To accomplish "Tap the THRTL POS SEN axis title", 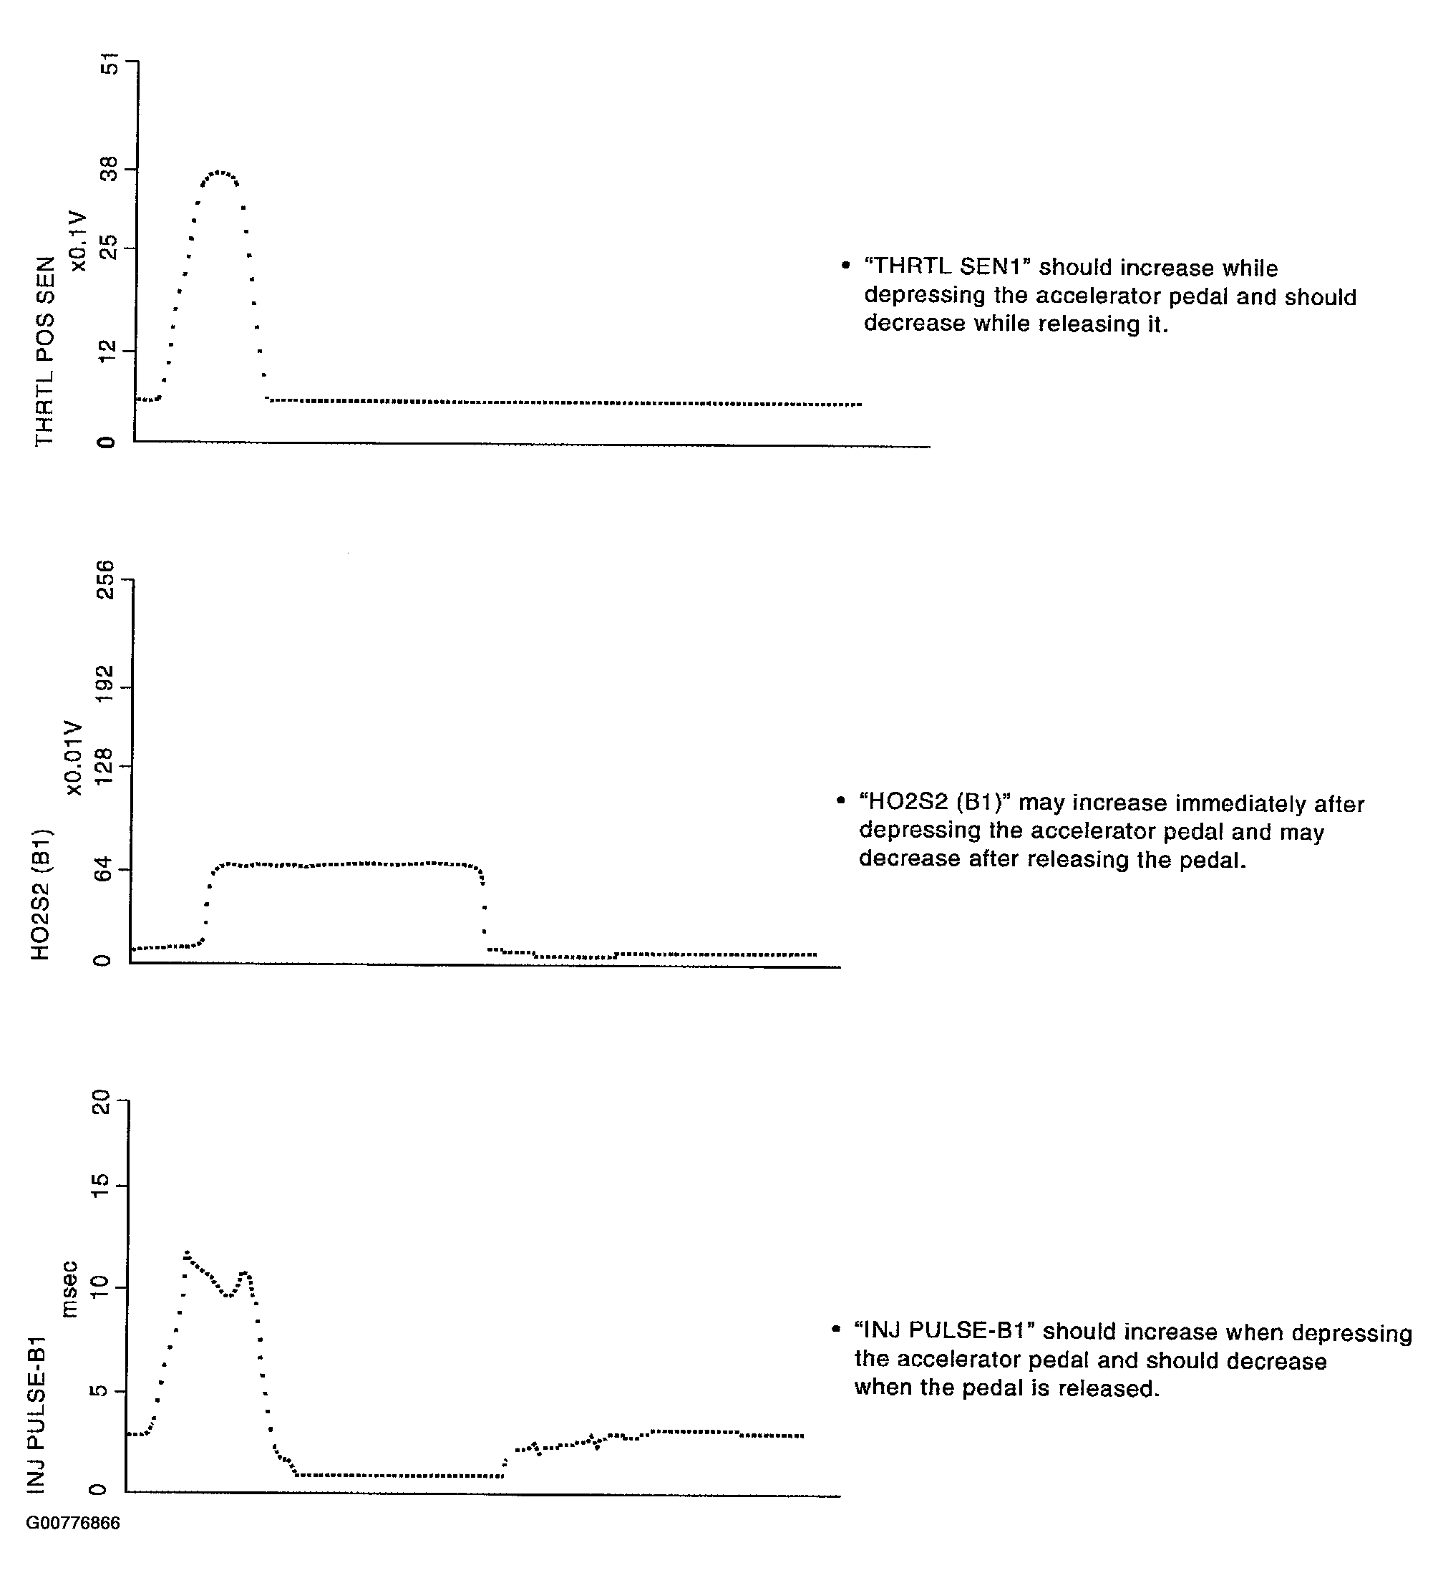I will pos(46,351).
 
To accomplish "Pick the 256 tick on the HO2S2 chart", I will pos(105,580).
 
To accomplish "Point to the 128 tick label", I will pos(105,766).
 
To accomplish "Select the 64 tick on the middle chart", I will pos(105,870).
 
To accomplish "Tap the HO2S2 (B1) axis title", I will pos(41,894).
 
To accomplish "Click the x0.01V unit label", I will pos(73,757).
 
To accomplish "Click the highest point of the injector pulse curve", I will pos(187,1252).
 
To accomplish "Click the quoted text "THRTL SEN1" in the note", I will pos(947,267).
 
